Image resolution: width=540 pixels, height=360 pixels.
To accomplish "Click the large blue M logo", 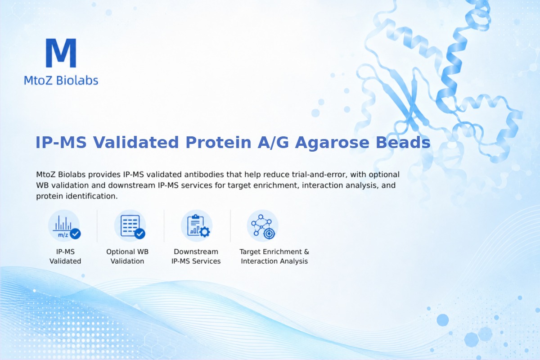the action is pos(61,53).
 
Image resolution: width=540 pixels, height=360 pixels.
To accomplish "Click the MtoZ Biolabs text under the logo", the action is pos(61,80).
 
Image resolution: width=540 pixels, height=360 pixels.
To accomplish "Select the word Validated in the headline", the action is pos(136,142).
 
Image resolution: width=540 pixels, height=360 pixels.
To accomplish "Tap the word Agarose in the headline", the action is pos(332,143).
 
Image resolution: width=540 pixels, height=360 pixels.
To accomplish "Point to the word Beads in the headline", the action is pos(403,142).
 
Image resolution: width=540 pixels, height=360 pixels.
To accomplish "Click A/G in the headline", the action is pos(273,143).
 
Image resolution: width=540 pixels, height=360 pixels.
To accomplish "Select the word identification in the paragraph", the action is pos(92,196).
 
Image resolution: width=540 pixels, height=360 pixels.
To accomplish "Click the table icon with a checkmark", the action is pos(130,226).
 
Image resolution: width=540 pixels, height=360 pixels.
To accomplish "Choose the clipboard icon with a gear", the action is pos(197,226).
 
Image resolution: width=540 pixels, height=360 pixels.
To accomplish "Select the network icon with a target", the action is pos(262,226).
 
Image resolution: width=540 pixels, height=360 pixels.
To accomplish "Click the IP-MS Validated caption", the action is pos(65,256).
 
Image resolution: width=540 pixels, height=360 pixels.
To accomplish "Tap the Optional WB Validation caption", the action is pos(127,256).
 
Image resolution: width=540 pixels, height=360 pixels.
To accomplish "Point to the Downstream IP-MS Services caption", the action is pos(196,256).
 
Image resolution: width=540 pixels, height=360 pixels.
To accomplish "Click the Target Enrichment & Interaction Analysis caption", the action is pos(274,256).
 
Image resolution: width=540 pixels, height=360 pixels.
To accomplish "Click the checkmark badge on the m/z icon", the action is pos(76,234).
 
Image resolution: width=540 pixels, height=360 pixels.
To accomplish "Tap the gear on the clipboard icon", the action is pos(205,232).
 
